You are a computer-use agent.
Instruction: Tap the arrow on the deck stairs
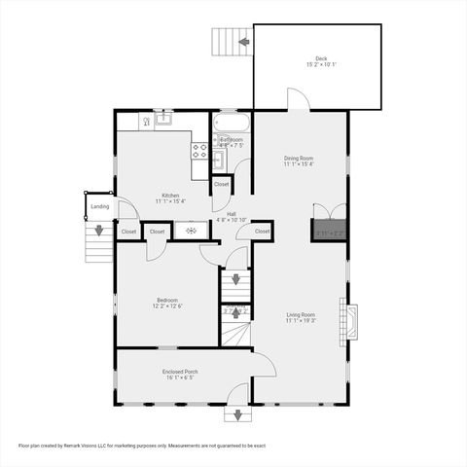(x=243, y=42)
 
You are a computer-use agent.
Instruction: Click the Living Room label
(x=301, y=317)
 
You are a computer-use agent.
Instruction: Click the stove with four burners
(x=199, y=150)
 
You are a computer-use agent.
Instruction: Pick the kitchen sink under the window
(x=162, y=120)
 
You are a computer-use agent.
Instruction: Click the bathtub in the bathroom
(x=232, y=124)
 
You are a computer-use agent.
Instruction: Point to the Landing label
(x=100, y=206)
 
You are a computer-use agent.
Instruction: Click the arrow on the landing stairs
(x=98, y=232)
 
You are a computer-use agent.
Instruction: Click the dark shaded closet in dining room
(x=328, y=232)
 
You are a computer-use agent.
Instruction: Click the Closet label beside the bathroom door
(x=222, y=184)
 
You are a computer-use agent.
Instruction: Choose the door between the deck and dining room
(x=299, y=99)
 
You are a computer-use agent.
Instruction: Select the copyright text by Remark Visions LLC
(x=142, y=445)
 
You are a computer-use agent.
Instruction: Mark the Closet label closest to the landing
(x=128, y=232)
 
